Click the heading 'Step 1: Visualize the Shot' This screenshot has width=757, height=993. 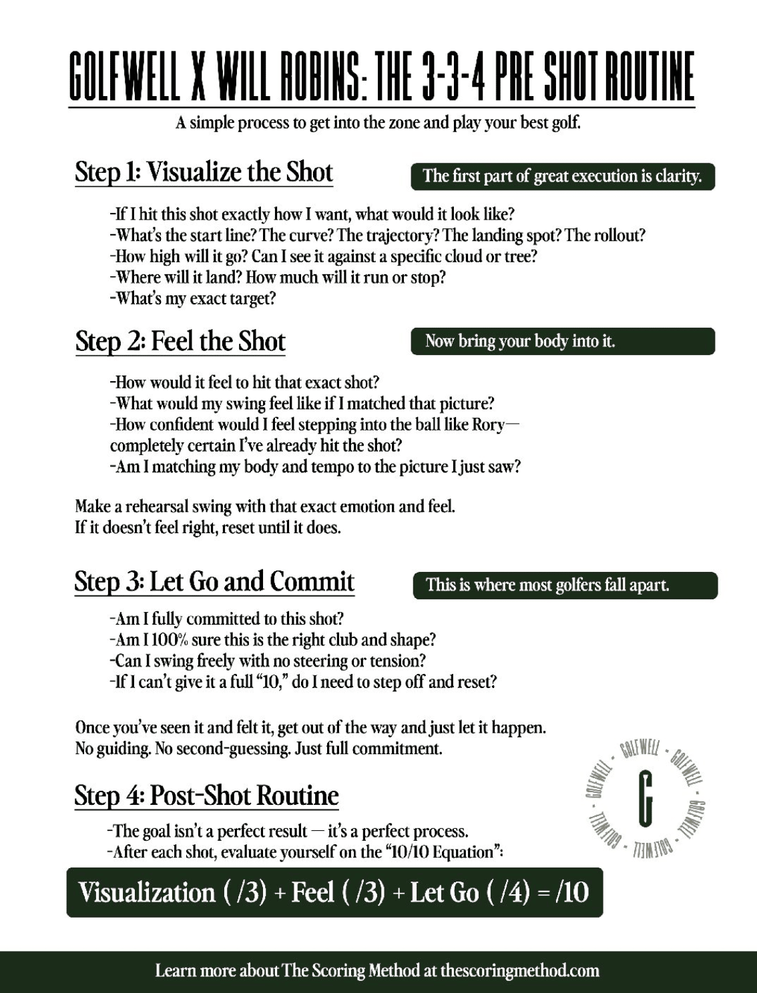click(204, 172)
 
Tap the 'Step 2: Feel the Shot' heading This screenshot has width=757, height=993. click(180, 342)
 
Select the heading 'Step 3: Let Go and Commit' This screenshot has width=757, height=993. click(214, 581)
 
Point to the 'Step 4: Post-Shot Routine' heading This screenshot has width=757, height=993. click(206, 795)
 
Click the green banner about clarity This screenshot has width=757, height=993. click(562, 177)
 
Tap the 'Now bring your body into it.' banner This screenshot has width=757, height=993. click(562, 341)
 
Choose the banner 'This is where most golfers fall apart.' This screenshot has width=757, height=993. click(565, 585)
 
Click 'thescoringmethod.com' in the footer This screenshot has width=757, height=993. click(519, 970)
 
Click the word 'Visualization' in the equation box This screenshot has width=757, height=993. click(147, 893)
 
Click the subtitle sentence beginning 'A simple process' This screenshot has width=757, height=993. click(378, 123)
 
